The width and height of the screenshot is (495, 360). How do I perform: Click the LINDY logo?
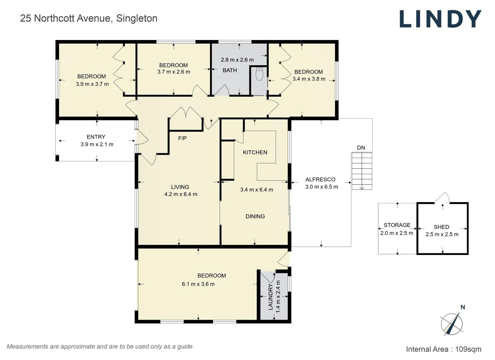coord(440,19)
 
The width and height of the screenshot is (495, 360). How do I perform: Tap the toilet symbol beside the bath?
coord(259,74)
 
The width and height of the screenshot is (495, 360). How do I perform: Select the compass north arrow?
coord(452,323)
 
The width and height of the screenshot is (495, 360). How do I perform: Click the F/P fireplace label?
coord(182,138)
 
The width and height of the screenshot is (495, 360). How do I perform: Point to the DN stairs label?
coord(361,148)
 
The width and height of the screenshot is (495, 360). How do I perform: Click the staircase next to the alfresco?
coord(362,171)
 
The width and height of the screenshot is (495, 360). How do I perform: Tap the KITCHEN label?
coord(255,152)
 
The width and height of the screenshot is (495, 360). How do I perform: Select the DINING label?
coord(255,216)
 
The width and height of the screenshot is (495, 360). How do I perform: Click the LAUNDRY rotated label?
coord(270,297)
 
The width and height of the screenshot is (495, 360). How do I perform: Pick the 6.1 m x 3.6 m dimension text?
coord(198,284)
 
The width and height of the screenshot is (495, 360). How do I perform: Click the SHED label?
coord(441,227)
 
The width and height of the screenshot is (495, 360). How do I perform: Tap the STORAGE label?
coord(397,225)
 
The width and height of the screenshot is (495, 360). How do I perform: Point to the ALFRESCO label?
coord(320,179)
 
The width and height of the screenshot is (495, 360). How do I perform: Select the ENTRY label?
coord(96,137)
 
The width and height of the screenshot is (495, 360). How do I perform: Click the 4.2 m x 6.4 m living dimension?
coord(181,194)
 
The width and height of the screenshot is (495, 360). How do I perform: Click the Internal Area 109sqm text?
coord(443,349)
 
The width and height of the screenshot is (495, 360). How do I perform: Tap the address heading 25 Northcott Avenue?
coord(89,18)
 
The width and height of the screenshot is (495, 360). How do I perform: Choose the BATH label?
coord(230,70)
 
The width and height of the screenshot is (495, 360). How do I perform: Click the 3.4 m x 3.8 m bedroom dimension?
coord(309,79)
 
